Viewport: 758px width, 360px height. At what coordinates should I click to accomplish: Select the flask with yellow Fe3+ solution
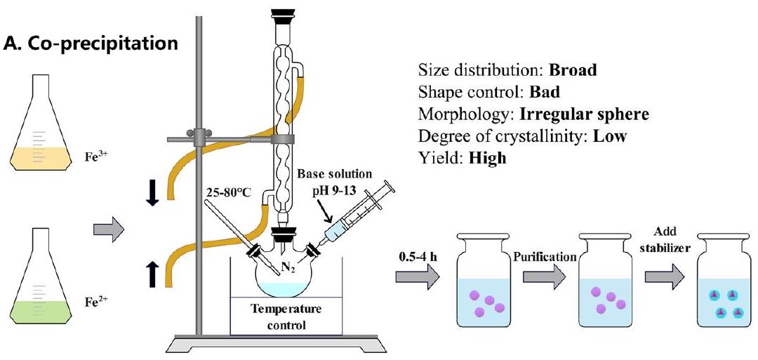(x=44, y=133)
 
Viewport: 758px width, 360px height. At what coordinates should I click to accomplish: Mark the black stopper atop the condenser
(x=284, y=15)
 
